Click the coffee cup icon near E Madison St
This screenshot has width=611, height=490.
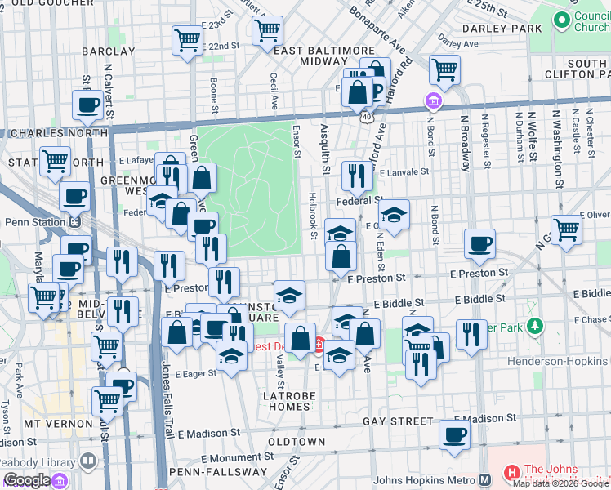[454, 434]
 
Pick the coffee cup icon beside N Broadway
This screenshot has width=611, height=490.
[479, 243]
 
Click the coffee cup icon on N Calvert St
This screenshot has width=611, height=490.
[87, 104]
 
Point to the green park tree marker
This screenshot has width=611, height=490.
[534, 327]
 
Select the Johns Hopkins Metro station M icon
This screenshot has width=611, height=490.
[484, 480]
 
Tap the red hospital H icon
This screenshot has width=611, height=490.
[512, 472]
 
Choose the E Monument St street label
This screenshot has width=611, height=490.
[230, 458]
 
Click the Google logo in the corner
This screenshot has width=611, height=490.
[28, 480]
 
